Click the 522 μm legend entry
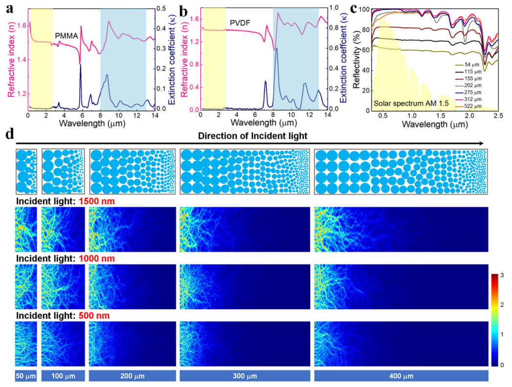click(472, 106)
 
